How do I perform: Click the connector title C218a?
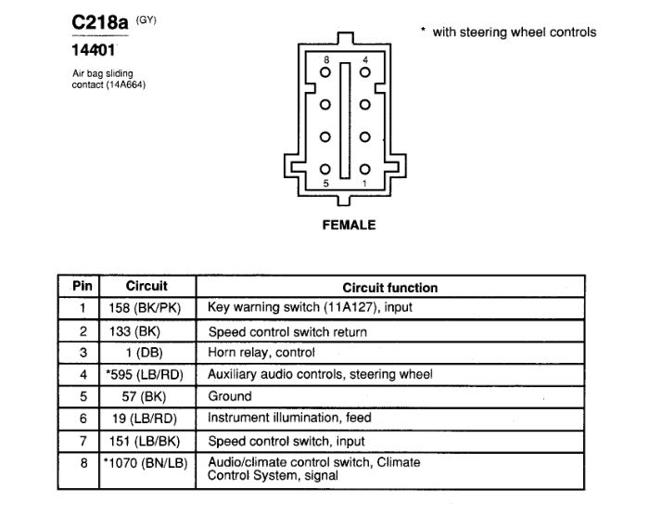[100, 20]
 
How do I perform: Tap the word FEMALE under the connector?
[348, 225]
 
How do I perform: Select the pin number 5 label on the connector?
[325, 184]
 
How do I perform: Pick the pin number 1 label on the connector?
[366, 184]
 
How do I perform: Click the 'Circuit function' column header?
[389, 288]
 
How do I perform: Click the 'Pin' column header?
[83, 287]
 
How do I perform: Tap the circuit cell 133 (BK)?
[146, 331]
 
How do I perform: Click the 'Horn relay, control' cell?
[261, 353]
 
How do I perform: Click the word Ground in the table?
[229, 396]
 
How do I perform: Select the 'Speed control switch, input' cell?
[286, 441]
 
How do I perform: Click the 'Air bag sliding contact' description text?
[108, 79]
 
